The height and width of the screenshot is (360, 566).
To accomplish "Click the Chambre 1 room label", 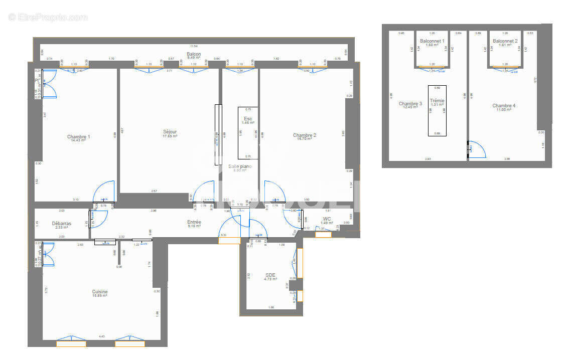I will [79, 136].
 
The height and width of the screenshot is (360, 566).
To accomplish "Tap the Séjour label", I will [170, 132].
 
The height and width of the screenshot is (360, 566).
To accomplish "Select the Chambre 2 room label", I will [305, 135].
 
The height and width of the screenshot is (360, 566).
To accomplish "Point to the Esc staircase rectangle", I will [248, 132].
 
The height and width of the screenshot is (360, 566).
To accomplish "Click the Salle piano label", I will [240, 166].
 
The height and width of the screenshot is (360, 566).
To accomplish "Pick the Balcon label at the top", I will [194, 54].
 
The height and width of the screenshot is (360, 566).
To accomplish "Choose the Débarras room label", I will [61, 224].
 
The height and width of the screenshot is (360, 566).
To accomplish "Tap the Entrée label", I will [194, 222].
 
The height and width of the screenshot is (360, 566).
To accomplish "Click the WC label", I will [327, 219].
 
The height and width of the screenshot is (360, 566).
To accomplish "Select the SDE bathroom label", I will [270, 275].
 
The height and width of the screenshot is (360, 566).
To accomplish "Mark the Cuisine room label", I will [99, 292].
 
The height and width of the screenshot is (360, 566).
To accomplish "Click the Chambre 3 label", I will [410, 104].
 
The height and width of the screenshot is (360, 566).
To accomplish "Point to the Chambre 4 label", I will [504, 106].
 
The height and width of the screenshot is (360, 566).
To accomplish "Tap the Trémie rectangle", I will [437, 110].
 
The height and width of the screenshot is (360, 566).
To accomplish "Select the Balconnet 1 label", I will [432, 41].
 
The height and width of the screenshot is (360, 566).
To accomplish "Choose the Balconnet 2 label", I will [505, 41].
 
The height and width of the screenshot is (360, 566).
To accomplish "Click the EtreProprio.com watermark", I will [48, 17].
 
